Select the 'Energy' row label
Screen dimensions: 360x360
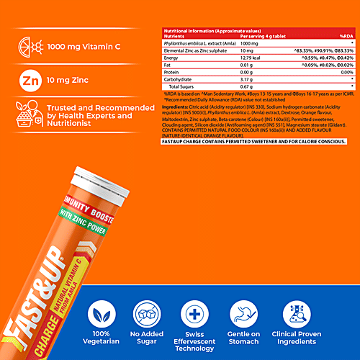pyautogui.click(x=174, y=68)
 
